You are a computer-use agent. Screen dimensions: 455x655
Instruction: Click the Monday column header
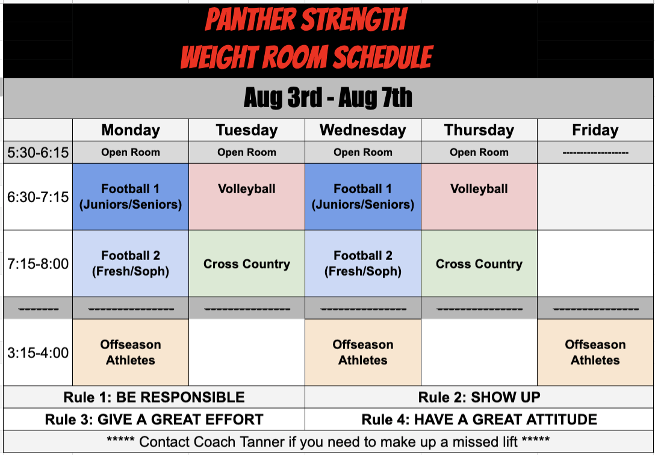(131, 130)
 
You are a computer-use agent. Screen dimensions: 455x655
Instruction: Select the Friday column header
(595, 130)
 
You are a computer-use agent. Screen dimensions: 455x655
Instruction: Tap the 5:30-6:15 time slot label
(38, 153)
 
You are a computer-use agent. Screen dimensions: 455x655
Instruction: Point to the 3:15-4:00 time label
(38, 353)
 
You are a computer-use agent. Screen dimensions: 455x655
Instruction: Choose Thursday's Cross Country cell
(479, 264)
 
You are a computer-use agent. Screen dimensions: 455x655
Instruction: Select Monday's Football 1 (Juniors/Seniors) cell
(131, 197)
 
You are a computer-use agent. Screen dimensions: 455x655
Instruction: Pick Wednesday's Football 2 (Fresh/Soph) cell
(363, 264)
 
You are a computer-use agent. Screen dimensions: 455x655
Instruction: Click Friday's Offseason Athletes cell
(595, 353)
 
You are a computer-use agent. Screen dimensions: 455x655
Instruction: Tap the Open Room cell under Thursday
(479, 153)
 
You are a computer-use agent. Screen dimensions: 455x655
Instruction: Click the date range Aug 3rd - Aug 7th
(328, 98)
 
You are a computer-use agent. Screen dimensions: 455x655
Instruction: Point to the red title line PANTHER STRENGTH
(306, 20)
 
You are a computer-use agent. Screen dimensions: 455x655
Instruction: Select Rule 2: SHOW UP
(479, 397)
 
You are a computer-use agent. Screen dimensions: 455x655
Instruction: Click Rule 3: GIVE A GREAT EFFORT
(154, 419)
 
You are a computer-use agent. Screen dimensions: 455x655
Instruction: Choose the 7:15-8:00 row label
(38, 264)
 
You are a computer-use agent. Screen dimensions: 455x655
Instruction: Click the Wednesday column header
(363, 130)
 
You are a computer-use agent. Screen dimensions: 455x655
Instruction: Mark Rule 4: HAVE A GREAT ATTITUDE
(479, 419)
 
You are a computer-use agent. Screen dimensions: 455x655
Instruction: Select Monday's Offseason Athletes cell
(131, 353)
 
